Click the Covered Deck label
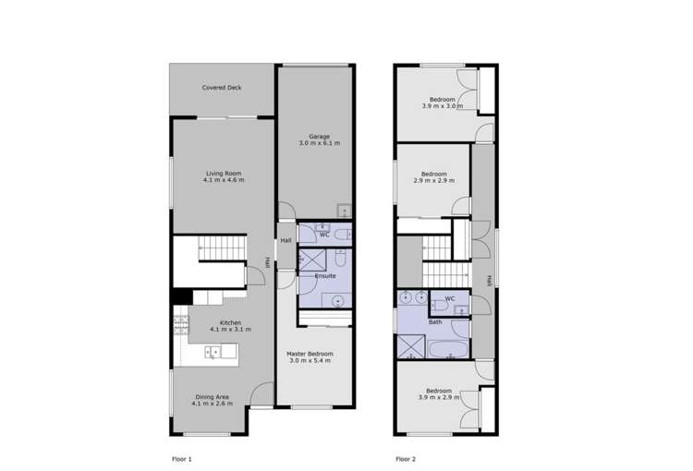pos(222,88)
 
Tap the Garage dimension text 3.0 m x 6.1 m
pos(319,144)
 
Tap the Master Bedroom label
pos(310,354)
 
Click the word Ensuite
pos(325,275)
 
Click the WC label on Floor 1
pos(324,235)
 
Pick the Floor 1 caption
pos(182,459)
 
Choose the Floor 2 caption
pos(407,459)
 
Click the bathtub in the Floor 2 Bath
pos(450,349)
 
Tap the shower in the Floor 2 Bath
pos(408,346)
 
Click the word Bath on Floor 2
pos(434,322)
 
